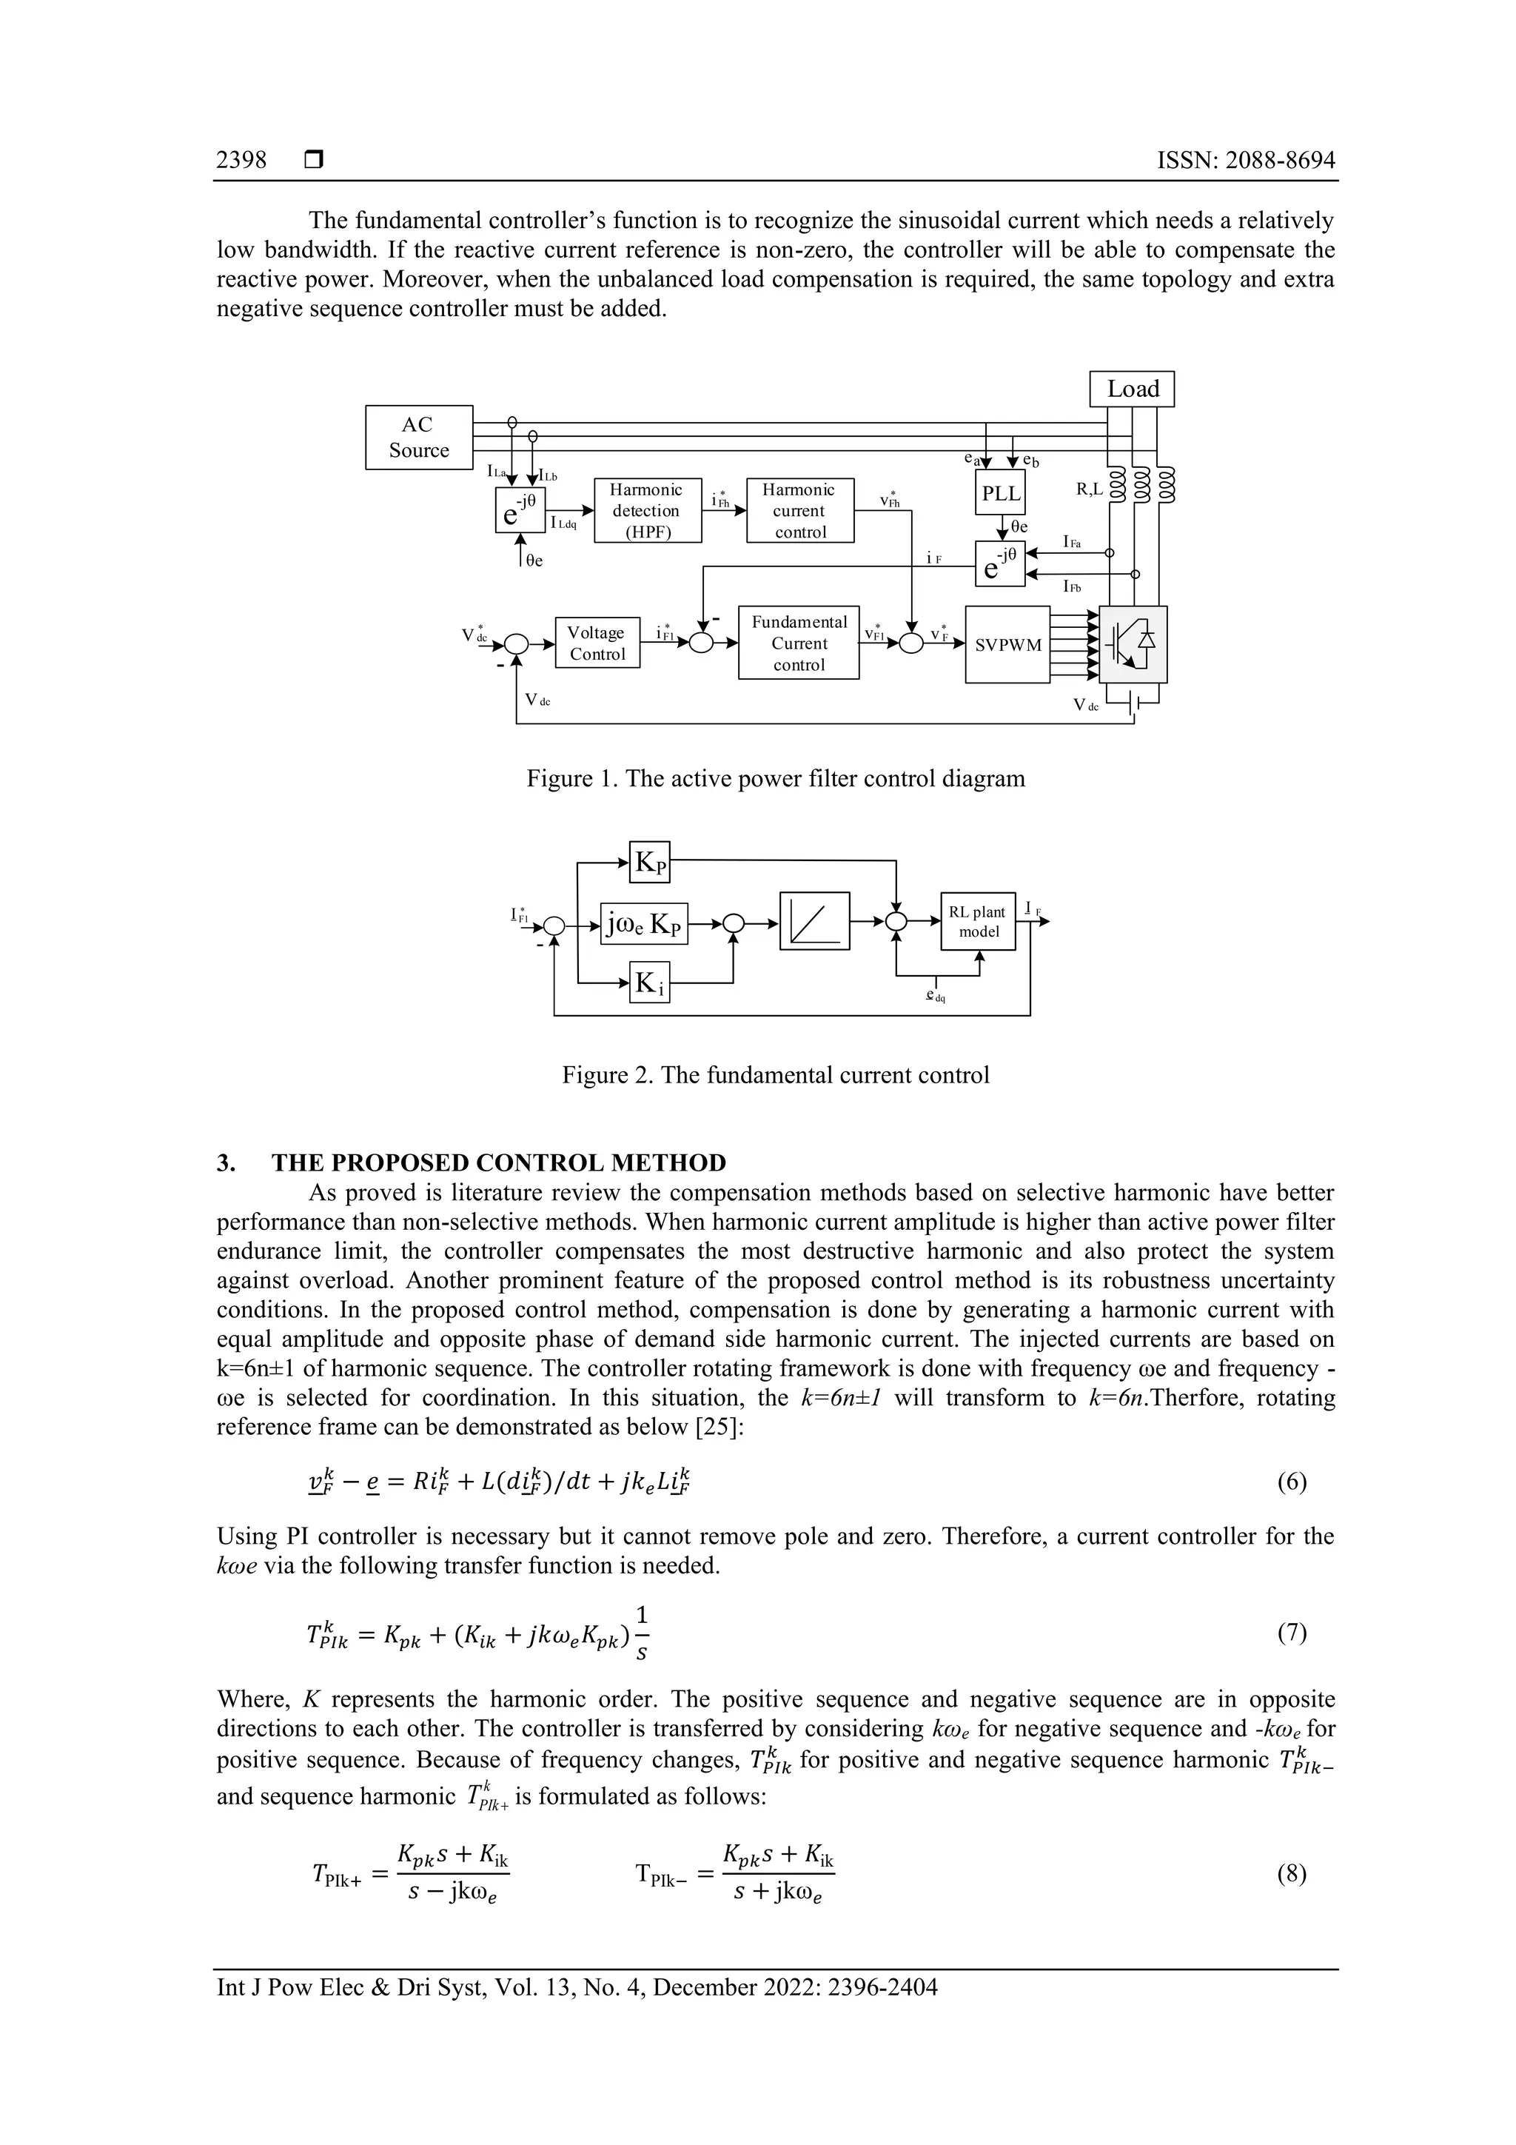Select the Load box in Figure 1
point(1131,389)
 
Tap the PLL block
point(999,493)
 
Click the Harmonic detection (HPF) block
point(647,510)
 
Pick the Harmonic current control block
point(799,510)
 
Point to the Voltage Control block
point(597,643)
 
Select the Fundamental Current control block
point(799,643)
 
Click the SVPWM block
point(1007,645)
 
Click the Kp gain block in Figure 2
point(650,863)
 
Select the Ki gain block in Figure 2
point(649,982)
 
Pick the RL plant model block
point(977,921)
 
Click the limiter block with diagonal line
point(814,921)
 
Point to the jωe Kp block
point(643,923)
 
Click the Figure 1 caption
point(775,778)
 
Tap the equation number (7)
point(1291,1632)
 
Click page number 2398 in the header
point(241,160)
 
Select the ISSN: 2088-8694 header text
point(1245,160)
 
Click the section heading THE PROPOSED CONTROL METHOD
point(498,1163)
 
